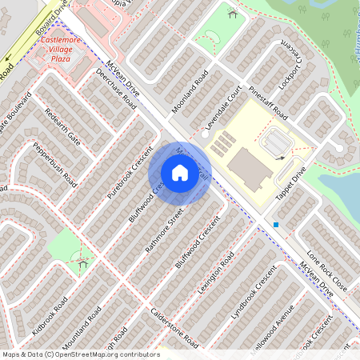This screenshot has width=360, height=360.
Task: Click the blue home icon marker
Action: (180, 172)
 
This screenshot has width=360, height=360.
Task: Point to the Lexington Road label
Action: (215, 272)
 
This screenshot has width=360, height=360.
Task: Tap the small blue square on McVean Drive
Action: (276, 225)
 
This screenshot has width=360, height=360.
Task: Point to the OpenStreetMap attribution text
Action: (81, 354)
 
